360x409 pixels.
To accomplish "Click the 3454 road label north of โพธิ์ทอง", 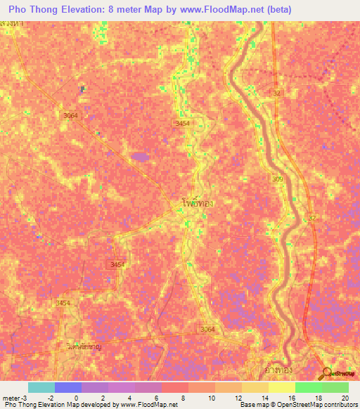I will coord(182,123).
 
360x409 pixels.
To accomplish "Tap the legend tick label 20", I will coord(345,397).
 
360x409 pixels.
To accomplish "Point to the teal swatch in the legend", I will coord(41,387).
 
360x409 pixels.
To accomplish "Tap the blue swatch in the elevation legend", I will coord(67,387).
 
